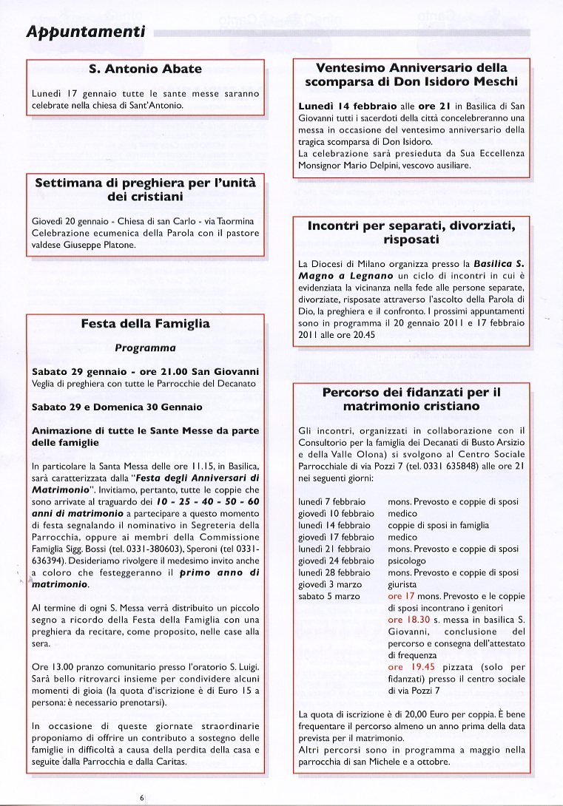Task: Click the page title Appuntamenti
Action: (84, 32)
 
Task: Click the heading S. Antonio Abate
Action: (145, 70)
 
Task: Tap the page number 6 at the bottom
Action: (141, 797)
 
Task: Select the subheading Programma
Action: (145, 348)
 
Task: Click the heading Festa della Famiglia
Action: (145, 324)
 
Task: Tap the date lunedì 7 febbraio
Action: (334, 502)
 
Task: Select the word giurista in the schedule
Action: (404, 584)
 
